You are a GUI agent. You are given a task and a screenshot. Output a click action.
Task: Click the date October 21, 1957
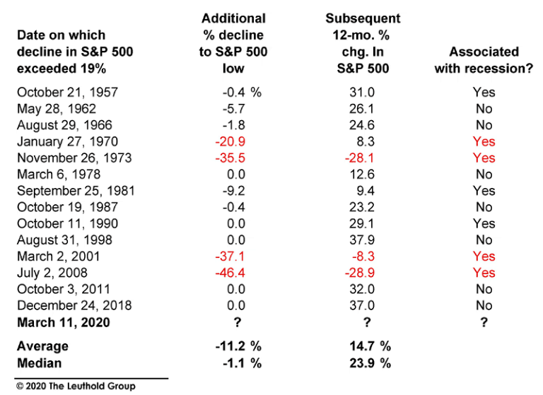67,93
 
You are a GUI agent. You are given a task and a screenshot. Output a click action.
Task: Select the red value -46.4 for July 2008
231,273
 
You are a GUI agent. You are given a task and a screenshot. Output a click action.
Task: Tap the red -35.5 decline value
231,158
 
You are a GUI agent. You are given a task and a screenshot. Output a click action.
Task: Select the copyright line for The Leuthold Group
76,387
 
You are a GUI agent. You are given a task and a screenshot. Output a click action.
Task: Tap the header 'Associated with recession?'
484,60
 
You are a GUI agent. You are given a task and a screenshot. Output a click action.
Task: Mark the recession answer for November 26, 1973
484,158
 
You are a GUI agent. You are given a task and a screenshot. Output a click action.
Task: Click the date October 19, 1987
67,207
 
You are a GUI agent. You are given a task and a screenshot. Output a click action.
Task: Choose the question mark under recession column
484,322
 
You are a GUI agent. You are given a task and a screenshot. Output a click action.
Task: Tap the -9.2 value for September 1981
233,191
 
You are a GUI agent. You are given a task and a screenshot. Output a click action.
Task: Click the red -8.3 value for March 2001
366,256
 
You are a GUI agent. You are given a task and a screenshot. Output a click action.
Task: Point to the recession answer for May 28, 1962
484,109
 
